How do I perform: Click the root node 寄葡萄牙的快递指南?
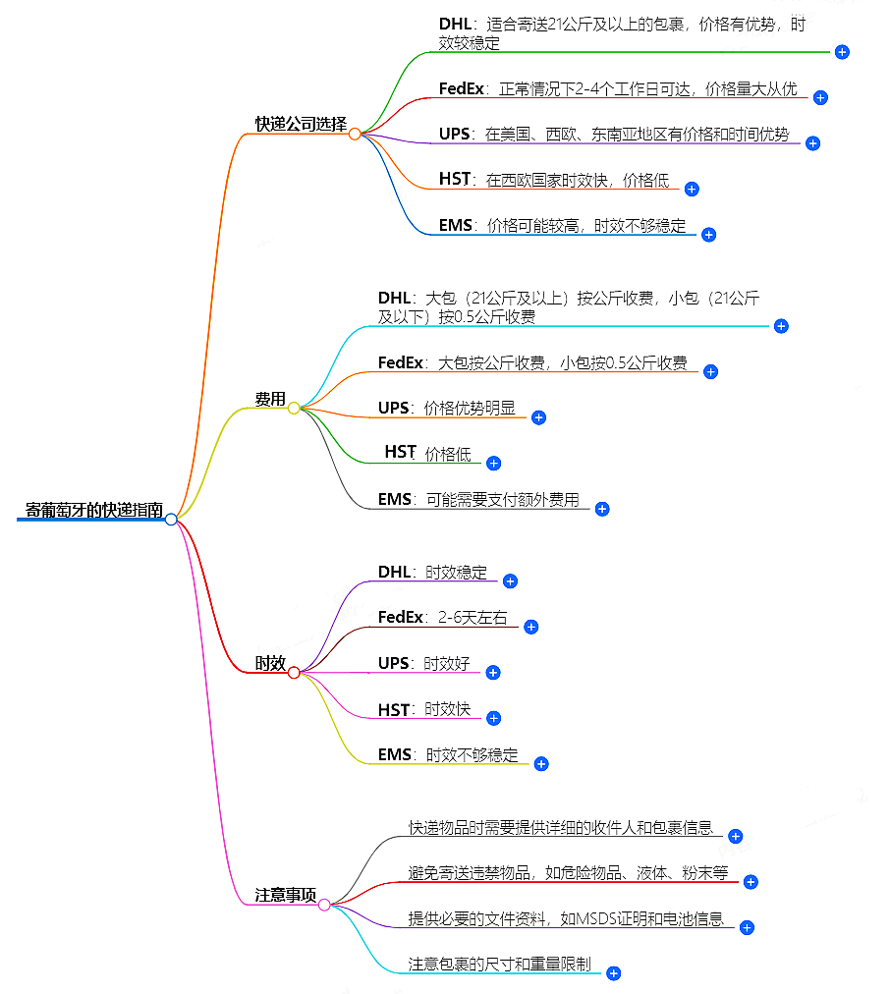[x=94, y=511]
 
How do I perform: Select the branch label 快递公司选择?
[x=301, y=125]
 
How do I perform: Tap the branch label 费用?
[x=270, y=399]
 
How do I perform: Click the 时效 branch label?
[x=270, y=664]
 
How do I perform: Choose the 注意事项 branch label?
[x=286, y=896]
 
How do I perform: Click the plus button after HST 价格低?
[x=494, y=463]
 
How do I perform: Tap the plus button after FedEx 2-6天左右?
[x=530, y=627]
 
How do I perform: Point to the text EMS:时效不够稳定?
[x=448, y=756]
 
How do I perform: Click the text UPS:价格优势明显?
[x=447, y=408]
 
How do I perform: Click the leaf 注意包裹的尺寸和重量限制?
[x=499, y=965]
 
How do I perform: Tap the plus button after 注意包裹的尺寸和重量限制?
[x=613, y=973]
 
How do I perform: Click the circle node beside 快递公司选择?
[x=355, y=134]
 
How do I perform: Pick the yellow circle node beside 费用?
[x=294, y=408]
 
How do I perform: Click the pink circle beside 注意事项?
[x=324, y=905]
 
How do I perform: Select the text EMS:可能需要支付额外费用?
[x=478, y=500]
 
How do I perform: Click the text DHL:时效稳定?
[x=432, y=573]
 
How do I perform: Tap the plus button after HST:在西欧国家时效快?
[x=692, y=189]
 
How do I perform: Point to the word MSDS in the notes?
[x=594, y=919]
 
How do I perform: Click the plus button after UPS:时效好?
[x=493, y=673]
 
